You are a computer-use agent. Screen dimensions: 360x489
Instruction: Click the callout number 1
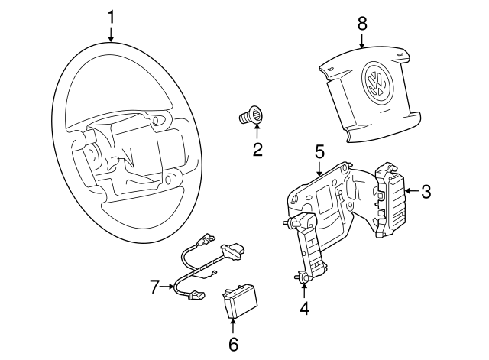(111, 16)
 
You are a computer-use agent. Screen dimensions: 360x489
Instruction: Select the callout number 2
(257, 150)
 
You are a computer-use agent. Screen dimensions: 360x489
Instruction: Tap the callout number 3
(426, 192)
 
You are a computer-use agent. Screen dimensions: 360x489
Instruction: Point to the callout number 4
(305, 309)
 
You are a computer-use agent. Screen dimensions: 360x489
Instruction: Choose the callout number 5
(319, 151)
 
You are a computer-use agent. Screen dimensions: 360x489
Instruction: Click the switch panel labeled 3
(393, 200)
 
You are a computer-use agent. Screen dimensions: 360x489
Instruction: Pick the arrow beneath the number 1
(111, 34)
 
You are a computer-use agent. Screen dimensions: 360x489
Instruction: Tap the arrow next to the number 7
(170, 287)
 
